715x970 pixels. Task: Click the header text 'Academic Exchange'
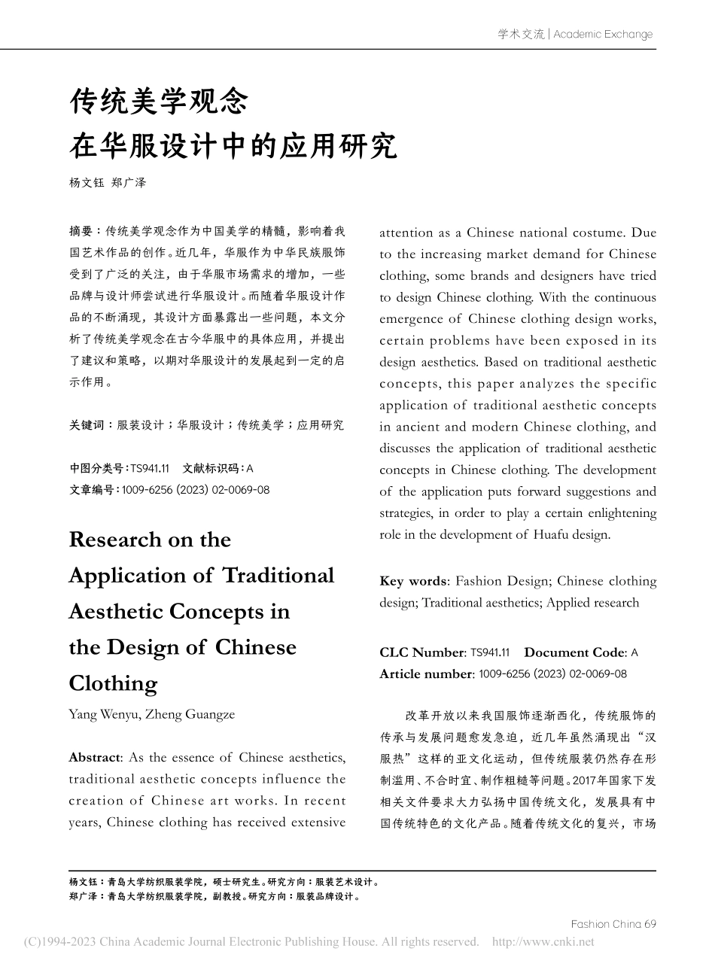(603, 34)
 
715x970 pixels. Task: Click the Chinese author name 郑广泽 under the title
(129, 183)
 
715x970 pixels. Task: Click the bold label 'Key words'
(413, 581)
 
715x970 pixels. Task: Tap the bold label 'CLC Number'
(421, 652)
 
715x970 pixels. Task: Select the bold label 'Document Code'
(575, 652)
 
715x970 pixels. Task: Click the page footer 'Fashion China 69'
(613, 924)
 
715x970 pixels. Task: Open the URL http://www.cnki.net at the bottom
(542, 941)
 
